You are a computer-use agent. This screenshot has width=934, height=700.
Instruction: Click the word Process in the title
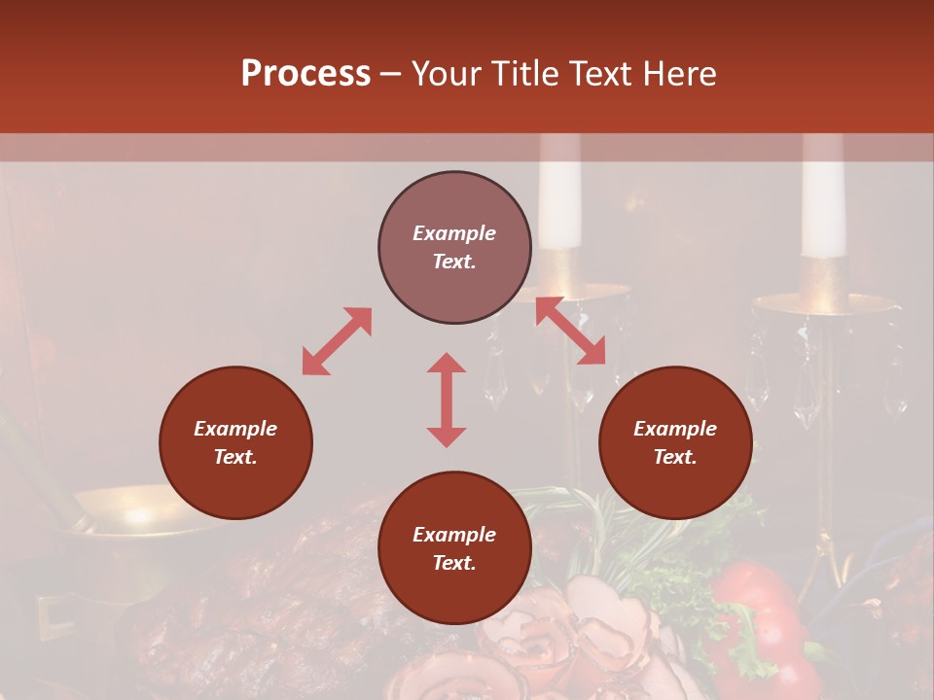[x=305, y=74]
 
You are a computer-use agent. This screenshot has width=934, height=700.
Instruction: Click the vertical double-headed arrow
[x=447, y=400]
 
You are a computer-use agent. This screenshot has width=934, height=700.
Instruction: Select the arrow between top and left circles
[x=337, y=341]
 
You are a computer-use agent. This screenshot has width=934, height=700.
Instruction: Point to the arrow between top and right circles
[x=570, y=331]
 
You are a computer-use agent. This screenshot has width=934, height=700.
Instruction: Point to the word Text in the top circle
[x=453, y=262]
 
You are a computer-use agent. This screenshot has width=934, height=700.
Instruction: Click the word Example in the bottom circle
[x=454, y=535]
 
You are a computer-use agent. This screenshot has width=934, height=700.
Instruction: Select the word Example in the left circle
[x=235, y=429]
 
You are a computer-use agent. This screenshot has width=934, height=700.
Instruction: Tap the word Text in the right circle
[x=675, y=457]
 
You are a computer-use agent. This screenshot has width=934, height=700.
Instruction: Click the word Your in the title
[x=446, y=74]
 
